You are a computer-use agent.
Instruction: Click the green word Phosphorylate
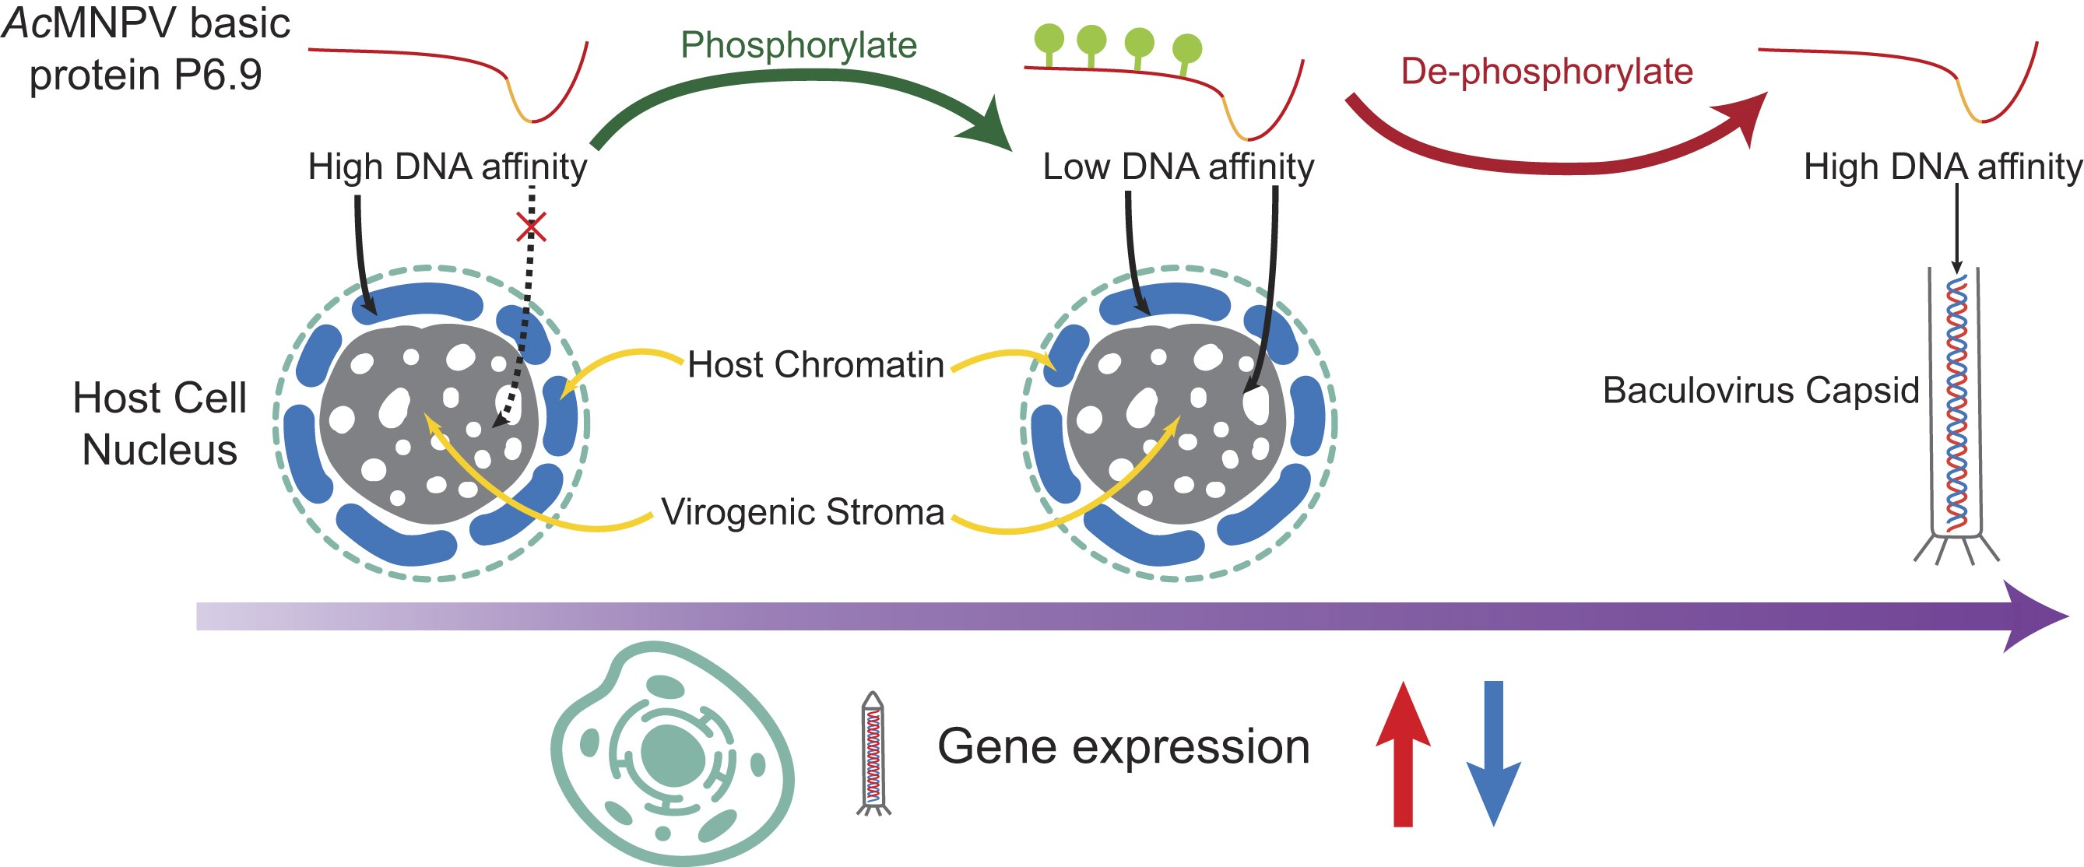coord(798,45)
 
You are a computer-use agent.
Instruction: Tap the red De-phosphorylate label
coord(1547,71)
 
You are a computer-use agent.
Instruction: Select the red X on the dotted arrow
coord(532,227)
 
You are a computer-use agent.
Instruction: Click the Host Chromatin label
coord(816,365)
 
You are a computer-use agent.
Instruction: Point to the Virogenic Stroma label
coord(803,512)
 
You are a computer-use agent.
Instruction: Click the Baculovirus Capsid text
coord(1760,390)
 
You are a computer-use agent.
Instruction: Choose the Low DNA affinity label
coord(1178,167)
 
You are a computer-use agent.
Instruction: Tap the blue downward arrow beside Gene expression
coord(1493,752)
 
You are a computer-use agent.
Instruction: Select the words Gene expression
coord(1123,746)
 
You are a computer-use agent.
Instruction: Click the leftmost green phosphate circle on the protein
coord(1049,37)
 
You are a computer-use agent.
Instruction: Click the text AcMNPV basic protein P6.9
coord(146,48)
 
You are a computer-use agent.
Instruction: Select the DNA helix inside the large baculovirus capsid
coord(1956,405)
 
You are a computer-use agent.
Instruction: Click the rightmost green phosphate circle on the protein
coord(1188,48)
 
